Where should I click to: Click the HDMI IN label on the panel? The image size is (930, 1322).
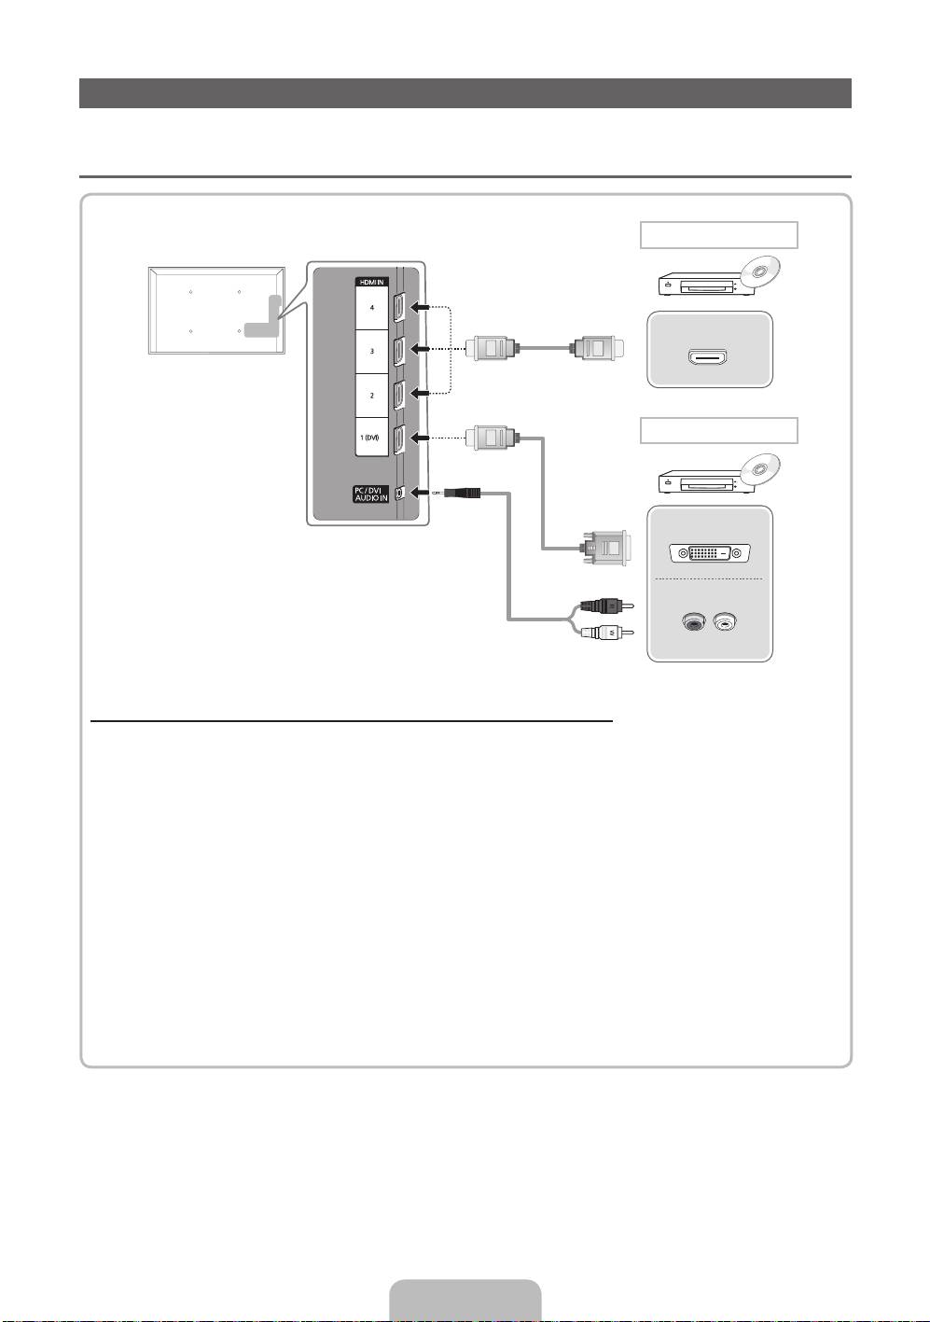tap(371, 281)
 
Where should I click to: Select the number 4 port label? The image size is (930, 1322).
tap(371, 307)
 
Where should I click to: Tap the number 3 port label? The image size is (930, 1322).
tap(371, 351)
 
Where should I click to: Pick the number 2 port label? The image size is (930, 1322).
tap(371, 396)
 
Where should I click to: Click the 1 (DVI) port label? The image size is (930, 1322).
tap(371, 438)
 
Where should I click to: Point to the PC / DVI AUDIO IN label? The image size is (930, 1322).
tap(371, 494)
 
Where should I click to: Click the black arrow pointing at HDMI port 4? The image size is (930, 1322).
tap(421, 306)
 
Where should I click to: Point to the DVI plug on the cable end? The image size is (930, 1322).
tap(605, 548)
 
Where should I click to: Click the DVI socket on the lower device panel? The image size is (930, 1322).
tap(710, 552)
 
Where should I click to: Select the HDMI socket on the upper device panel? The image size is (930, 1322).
tap(710, 356)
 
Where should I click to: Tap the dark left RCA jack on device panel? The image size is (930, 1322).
tap(691, 620)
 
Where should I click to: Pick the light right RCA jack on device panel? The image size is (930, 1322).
tap(725, 620)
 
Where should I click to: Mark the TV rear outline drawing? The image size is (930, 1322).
tap(216, 310)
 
